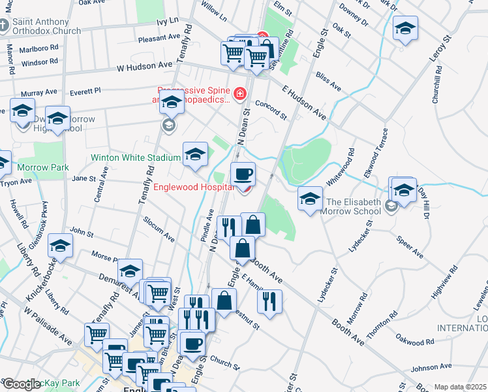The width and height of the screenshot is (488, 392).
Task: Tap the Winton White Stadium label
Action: tap(136, 157)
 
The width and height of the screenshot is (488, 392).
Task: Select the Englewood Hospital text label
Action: tap(193, 187)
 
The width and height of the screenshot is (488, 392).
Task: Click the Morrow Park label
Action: tap(43, 168)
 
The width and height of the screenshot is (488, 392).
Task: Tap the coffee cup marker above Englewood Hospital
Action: tap(243, 174)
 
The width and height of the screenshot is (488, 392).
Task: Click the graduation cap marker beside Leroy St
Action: tap(405, 29)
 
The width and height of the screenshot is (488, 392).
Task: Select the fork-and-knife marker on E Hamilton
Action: tap(269, 301)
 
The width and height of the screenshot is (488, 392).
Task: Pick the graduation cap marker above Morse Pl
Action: tap(60, 246)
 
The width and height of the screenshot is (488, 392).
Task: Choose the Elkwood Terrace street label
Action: tap(380, 150)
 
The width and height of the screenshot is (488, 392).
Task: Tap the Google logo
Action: tap(22, 384)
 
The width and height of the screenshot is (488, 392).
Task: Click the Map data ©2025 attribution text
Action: tap(459, 387)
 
